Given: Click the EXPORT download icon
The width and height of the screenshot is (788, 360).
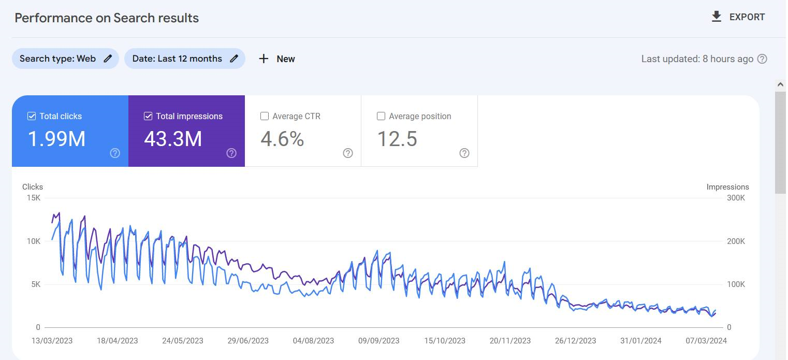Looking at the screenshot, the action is point(716,17).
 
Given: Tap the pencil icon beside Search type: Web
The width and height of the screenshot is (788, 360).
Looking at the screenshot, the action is point(108,59).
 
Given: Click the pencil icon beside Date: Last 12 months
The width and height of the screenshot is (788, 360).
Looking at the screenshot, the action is point(234,59).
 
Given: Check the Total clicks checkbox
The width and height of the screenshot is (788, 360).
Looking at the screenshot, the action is point(32,116).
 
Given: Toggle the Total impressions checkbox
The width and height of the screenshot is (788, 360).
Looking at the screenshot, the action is point(148,116).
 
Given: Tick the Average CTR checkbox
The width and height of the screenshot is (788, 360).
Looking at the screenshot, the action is point(265,116).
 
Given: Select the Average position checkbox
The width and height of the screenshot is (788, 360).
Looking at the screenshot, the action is point(381,116).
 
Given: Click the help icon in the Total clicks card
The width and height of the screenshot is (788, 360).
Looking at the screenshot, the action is point(115,153).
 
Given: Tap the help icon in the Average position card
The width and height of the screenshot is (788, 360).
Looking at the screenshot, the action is point(464,153).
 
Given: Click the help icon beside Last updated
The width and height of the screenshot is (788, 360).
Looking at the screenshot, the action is point(762,59).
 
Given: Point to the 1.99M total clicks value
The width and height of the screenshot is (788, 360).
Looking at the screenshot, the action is point(56,139).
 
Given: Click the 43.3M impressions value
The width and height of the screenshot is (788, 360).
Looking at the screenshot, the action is point(173,139).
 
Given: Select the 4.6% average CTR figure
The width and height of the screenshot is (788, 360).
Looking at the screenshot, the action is point(282,139).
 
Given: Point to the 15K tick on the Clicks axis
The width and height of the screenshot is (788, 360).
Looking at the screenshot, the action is point(34,198).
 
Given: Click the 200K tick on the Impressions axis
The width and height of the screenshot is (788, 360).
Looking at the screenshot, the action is point(736,241).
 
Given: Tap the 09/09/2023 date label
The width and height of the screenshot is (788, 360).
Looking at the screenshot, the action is point(379,341).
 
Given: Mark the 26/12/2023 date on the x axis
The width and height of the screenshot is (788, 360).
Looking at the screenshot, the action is point(576,341).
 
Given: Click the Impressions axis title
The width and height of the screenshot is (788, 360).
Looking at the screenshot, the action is point(728,187).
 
